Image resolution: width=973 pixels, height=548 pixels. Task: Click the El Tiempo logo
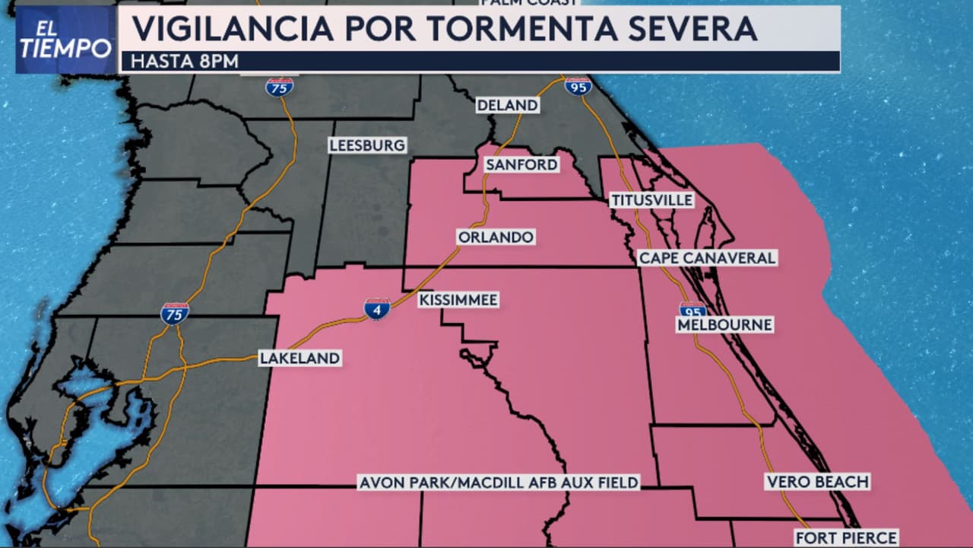(65, 40)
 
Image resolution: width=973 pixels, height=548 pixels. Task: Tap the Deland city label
(508, 105)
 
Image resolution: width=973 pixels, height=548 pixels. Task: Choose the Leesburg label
(367, 145)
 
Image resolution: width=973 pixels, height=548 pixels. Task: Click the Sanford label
(521, 164)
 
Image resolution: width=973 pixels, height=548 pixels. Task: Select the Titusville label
(652, 200)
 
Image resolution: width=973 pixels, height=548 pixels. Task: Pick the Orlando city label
(496, 237)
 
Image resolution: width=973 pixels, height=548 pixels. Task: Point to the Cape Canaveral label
(707, 258)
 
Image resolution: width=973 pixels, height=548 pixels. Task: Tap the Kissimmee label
(458, 301)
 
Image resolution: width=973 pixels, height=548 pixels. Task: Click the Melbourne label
(724, 325)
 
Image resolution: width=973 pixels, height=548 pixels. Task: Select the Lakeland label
(300, 358)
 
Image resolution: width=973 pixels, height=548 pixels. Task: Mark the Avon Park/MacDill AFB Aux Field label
(499, 483)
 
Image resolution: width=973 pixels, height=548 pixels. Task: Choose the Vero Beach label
(816, 482)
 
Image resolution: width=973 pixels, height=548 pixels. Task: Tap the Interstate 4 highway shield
(377, 308)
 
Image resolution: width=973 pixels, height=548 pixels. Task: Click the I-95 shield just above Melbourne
(692, 310)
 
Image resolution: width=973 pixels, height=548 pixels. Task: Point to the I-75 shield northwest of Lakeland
(175, 313)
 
